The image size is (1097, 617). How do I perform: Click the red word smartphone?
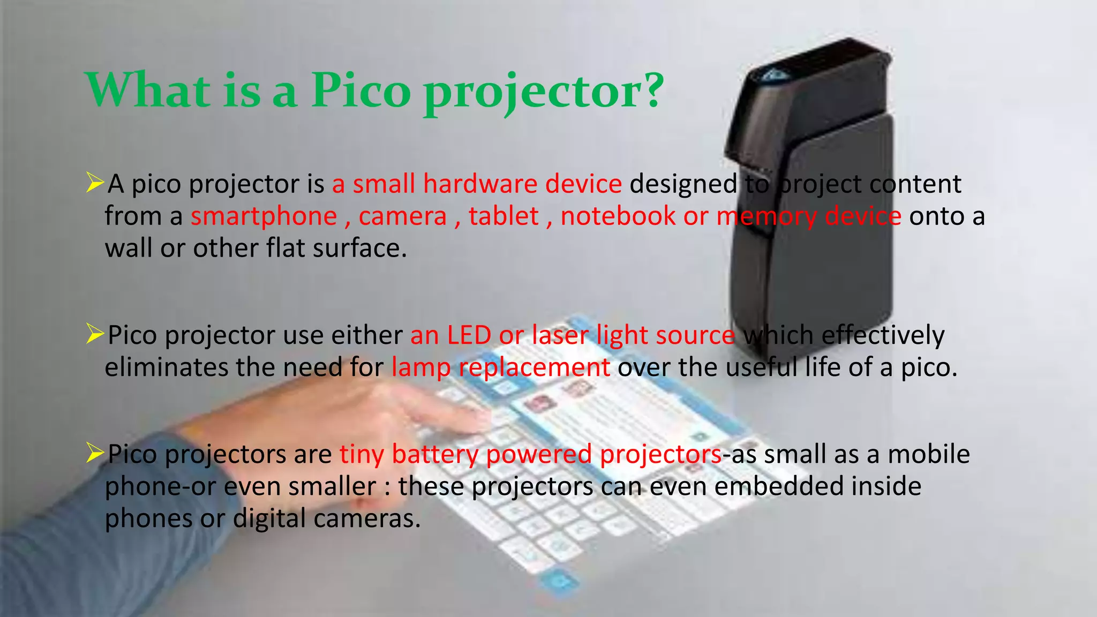point(264,216)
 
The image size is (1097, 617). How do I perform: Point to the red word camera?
point(402,216)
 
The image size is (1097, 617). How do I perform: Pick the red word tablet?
point(503,216)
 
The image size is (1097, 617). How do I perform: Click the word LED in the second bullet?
point(469,335)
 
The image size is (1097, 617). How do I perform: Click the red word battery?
point(435,455)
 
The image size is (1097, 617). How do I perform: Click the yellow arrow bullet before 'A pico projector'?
point(95,183)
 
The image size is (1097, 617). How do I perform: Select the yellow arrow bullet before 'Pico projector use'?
point(95,334)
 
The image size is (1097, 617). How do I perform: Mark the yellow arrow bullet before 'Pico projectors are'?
point(95,453)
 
